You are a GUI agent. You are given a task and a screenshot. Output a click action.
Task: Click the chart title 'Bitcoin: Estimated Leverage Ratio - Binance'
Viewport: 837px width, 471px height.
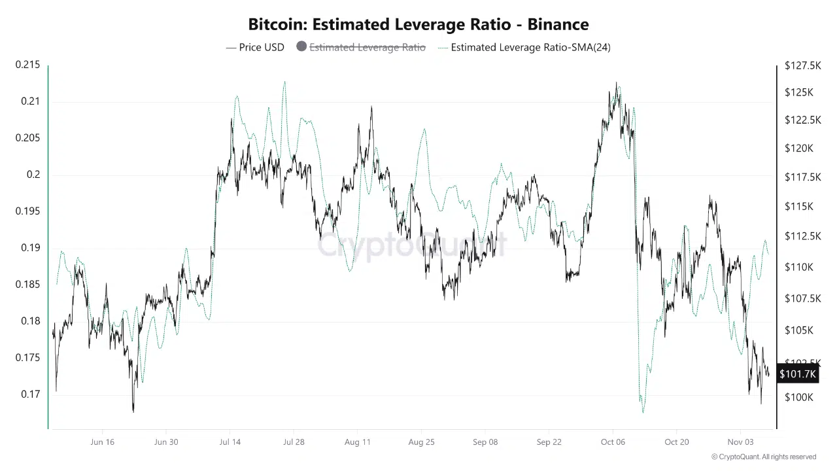click(x=418, y=25)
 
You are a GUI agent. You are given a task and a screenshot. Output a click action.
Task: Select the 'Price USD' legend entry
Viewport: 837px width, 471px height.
click(x=255, y=47)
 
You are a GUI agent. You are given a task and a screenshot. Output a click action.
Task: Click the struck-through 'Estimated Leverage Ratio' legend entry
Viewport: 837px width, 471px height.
click(x=367, y=47)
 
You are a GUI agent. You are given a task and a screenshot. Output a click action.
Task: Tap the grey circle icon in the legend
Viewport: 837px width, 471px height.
click(x=301, y=46)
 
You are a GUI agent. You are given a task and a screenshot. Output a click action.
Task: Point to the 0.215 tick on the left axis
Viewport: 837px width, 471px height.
click(x=27, y=65)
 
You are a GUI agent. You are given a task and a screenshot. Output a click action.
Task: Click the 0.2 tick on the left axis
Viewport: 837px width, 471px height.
click(x=33, y=175)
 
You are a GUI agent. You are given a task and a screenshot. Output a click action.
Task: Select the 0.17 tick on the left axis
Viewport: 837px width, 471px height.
click(x=30, y=394)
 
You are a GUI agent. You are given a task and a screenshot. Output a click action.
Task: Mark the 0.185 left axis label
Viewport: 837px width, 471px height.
click(x=27, y=285)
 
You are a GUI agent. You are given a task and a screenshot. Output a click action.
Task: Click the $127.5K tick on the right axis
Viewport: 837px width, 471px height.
click(x=799, y=65)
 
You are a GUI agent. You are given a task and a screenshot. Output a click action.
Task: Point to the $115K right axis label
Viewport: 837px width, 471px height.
click(x=799, y=207)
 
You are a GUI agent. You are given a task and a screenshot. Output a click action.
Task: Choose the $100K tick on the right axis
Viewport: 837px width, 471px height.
click(x=799, y=397)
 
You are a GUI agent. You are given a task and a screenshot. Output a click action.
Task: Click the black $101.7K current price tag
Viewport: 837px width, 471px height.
click(x=798, y=374)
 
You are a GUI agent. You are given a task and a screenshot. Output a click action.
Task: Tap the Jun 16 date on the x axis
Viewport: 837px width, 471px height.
click(x=102, y=442)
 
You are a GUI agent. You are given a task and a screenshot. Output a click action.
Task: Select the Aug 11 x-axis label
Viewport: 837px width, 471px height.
click(x=357, y=442)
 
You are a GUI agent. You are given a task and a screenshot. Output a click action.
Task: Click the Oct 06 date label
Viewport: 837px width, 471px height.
click(x=613, y=442)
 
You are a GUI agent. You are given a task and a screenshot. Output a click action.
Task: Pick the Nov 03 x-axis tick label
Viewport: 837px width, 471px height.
click(x=740, y=442)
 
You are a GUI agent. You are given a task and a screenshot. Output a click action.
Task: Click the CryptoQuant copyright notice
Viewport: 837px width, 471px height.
click(x=764, y=457)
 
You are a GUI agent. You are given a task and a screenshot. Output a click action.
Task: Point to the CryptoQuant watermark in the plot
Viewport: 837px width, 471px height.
click(x=412, y=245)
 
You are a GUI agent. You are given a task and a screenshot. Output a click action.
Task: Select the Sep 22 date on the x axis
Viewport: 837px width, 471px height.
click(x=549, y=442)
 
